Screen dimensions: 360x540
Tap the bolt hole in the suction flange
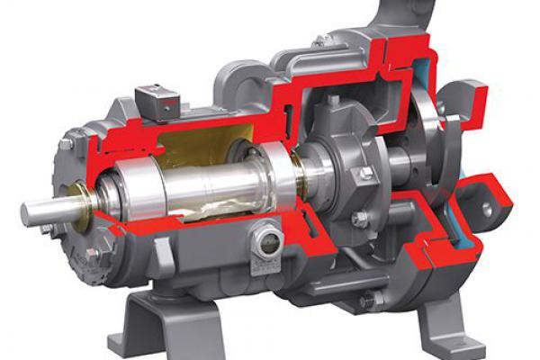tap(487, 210)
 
